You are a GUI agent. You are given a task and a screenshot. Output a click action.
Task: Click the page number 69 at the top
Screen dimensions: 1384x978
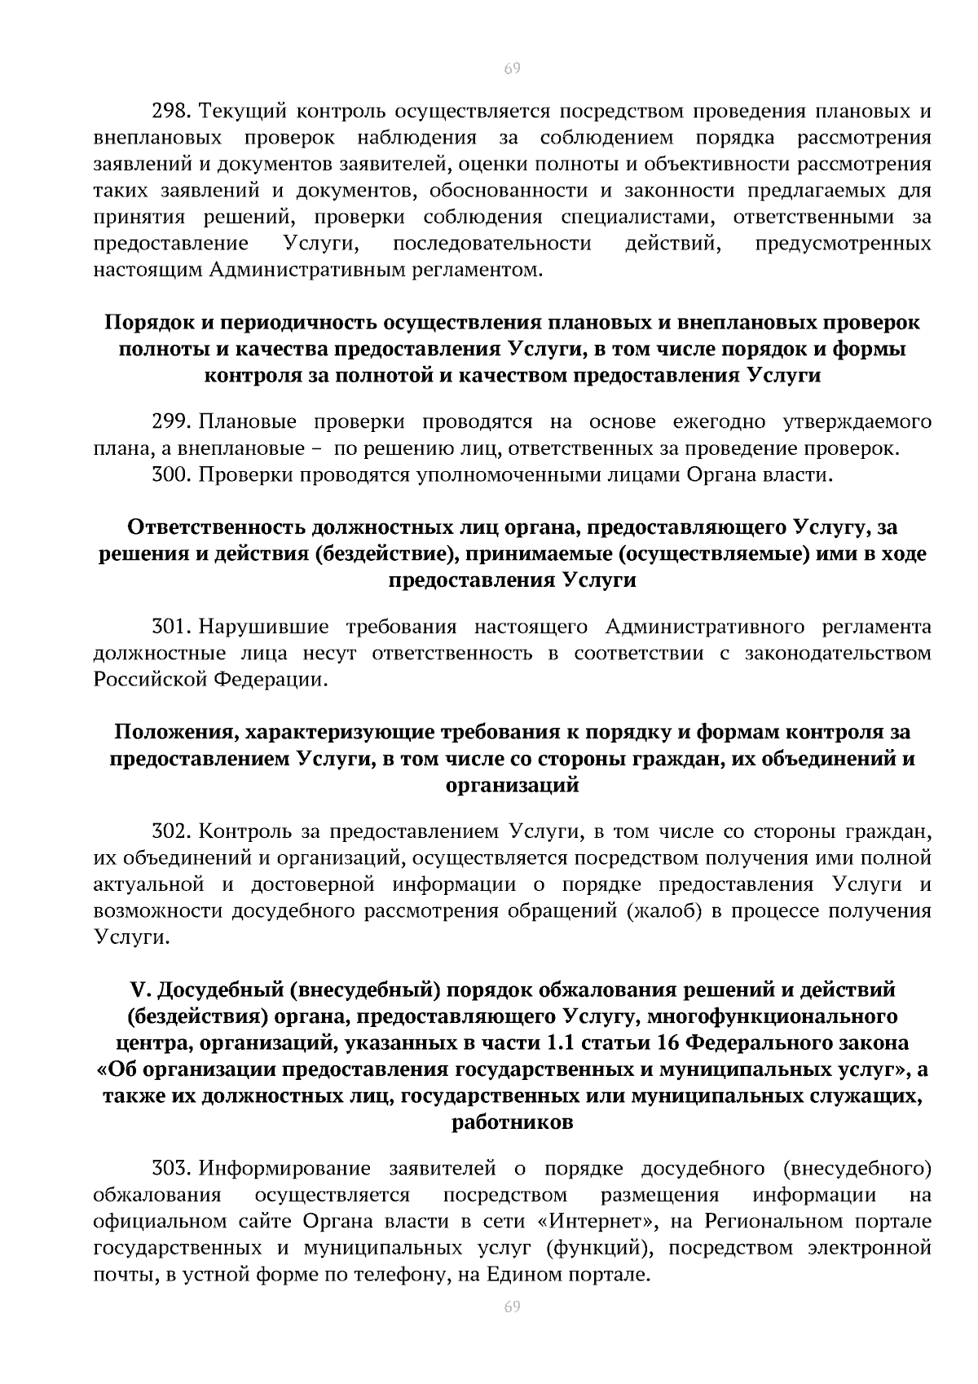(512, 68)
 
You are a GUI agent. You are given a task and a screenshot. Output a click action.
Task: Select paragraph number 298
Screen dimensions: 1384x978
(171, 111)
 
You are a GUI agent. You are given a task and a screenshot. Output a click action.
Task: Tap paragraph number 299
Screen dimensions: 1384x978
(171, 422)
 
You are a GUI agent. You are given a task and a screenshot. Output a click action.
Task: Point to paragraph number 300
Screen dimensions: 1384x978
(171, 475)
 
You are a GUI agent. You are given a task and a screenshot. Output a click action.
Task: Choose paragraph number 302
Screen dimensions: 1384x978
(171, 831)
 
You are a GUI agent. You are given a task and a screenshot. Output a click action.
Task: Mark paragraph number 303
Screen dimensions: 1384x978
(171, 1169)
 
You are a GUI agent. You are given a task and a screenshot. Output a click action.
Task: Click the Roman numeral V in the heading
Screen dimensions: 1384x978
(137, 990)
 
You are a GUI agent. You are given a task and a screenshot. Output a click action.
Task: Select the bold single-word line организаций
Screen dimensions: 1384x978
(512, 786)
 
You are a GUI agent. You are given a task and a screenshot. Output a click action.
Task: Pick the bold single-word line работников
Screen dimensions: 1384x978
(512, 1122)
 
